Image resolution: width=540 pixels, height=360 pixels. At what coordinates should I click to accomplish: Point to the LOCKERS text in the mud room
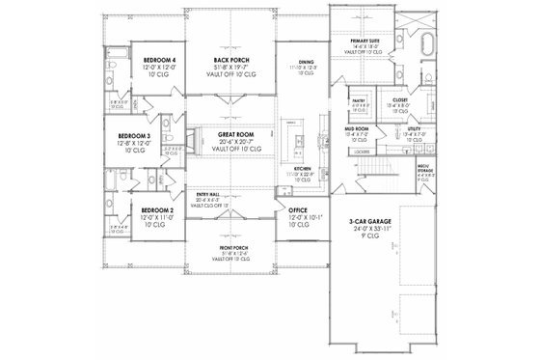pos(362,152)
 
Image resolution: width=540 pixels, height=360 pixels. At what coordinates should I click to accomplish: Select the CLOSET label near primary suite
pos(399,99)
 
